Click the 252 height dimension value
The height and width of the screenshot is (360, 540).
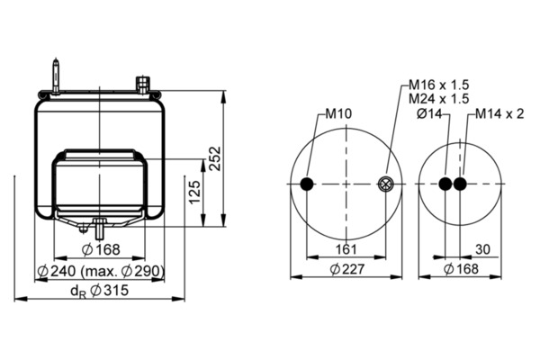point(214,158)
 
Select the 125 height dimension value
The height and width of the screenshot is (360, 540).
point(195,192)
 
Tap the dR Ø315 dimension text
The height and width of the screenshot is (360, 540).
point(100,291)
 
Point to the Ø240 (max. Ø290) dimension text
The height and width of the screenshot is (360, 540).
point(100,272)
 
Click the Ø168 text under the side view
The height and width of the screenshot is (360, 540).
point(101,249)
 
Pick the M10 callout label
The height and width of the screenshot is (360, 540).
point(339,113)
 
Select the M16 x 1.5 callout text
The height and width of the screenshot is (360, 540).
point(439,85)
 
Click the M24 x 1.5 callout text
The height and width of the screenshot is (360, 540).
point(439,99)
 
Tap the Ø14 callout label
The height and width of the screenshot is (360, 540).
point(428,113)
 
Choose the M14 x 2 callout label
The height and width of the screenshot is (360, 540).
point(499,113)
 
